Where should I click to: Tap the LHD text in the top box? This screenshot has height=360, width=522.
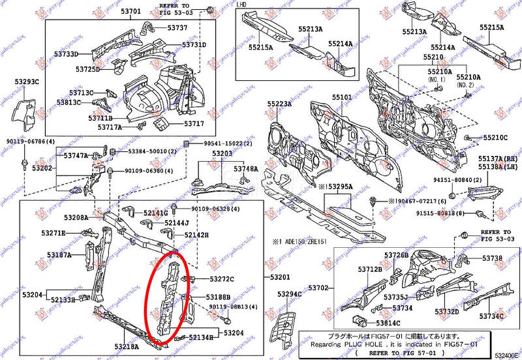pos(241,5)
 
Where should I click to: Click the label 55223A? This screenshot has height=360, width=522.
pos(279,104)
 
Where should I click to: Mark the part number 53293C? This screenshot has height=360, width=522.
pos(27,82)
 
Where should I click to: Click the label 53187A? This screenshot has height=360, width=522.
pos(59,255)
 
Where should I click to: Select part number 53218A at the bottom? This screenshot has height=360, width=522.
pos(127,346)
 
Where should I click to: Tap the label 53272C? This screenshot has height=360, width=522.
pos(221,279)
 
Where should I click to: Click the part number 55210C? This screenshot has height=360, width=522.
pos(495,138)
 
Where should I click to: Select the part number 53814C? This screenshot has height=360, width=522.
pos(389,323)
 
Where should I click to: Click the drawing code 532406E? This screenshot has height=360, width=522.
pos(507,355)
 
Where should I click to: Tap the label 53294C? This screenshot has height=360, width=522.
pos(290,294)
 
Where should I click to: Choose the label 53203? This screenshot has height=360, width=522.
pos(222,153)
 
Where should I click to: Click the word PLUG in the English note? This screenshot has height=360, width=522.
pos(369,343)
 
